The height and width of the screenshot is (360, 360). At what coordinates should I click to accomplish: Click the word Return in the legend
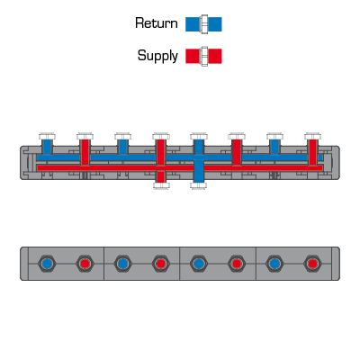click(x=157, y=23)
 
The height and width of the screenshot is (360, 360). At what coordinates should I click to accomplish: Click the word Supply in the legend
click(x=157, y=56)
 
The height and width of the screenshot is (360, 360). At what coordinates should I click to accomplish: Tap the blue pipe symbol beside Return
click(x=203, y=24)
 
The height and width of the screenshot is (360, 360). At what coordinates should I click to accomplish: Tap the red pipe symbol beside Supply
click(x=203, y=56)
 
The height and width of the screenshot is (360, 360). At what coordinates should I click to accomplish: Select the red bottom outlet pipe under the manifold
click(x=161, y=176)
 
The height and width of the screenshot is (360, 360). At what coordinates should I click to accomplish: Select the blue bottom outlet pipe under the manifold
click(x=199, y=171)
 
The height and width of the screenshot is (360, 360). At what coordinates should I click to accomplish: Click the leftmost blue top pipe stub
click(x=47, y=147)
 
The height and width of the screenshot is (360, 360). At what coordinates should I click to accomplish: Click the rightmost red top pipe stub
click(x=312, y=152)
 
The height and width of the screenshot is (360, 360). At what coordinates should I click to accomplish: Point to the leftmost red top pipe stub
click(x=85, y=152)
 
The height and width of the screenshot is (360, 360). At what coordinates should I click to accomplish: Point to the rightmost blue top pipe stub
click(x=274, y=147)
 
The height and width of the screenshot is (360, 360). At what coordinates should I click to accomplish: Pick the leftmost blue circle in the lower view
click(x=47, y=264)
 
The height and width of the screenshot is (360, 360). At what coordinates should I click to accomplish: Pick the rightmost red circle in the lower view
click(x=312, y=264)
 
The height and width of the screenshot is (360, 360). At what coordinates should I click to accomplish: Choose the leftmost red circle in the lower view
click(x=85, y=264)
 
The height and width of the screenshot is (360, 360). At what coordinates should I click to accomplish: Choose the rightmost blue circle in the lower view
click(x=274, y=264)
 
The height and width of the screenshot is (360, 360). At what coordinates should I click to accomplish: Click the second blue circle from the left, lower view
click(x=122, y=264)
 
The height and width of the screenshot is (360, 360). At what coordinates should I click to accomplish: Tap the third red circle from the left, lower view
click(x=237, y=264)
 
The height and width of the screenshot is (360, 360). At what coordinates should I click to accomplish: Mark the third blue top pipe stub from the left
click(x=199, y=147)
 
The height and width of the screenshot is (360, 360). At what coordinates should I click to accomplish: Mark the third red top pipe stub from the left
click(x=237, y=152)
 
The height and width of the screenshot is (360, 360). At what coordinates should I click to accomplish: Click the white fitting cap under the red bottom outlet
click(x=161, y=185)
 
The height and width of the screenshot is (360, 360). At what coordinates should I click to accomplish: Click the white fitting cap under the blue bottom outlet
click(x=199, y=185)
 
